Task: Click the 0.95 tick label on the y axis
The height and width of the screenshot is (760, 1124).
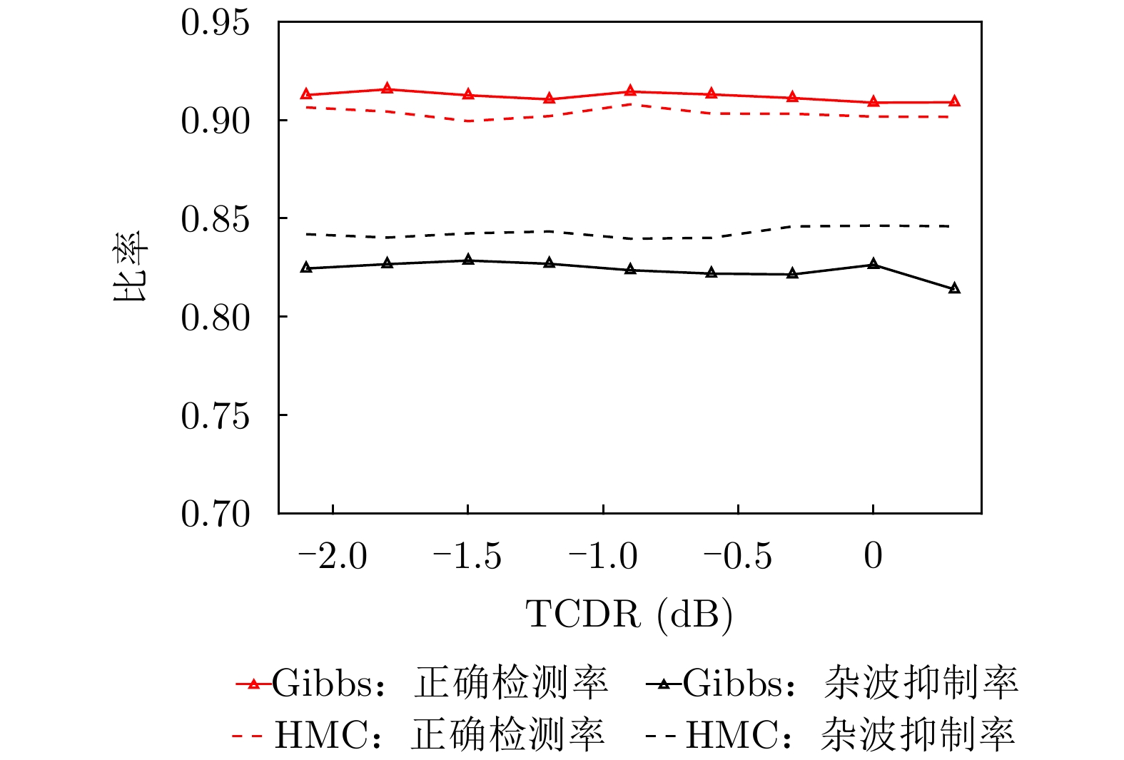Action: (216, 23)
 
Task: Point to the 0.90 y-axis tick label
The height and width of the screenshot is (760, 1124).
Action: (216, 121)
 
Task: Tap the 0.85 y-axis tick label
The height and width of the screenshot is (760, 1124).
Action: (216, 219)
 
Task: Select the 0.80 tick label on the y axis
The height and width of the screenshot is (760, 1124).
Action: (216, 318)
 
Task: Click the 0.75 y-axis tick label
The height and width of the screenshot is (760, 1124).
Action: (216, 415)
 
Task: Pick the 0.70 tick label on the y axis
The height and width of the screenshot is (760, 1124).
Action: (216, 514)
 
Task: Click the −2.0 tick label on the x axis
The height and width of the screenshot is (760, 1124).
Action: (333, 556)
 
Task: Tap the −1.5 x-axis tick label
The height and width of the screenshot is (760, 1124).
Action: (467, 556)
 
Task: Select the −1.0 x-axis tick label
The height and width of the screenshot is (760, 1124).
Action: (602, 556)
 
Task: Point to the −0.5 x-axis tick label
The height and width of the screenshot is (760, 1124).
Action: (737, 556)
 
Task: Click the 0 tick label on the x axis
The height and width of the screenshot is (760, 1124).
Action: (873, 556)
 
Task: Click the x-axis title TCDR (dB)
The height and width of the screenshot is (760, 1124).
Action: (629, 614)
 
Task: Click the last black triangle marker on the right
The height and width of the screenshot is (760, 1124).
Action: (954, 288)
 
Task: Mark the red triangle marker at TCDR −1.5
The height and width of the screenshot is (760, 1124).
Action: (468, 94)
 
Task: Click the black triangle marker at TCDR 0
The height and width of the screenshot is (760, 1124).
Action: (874, 264)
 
